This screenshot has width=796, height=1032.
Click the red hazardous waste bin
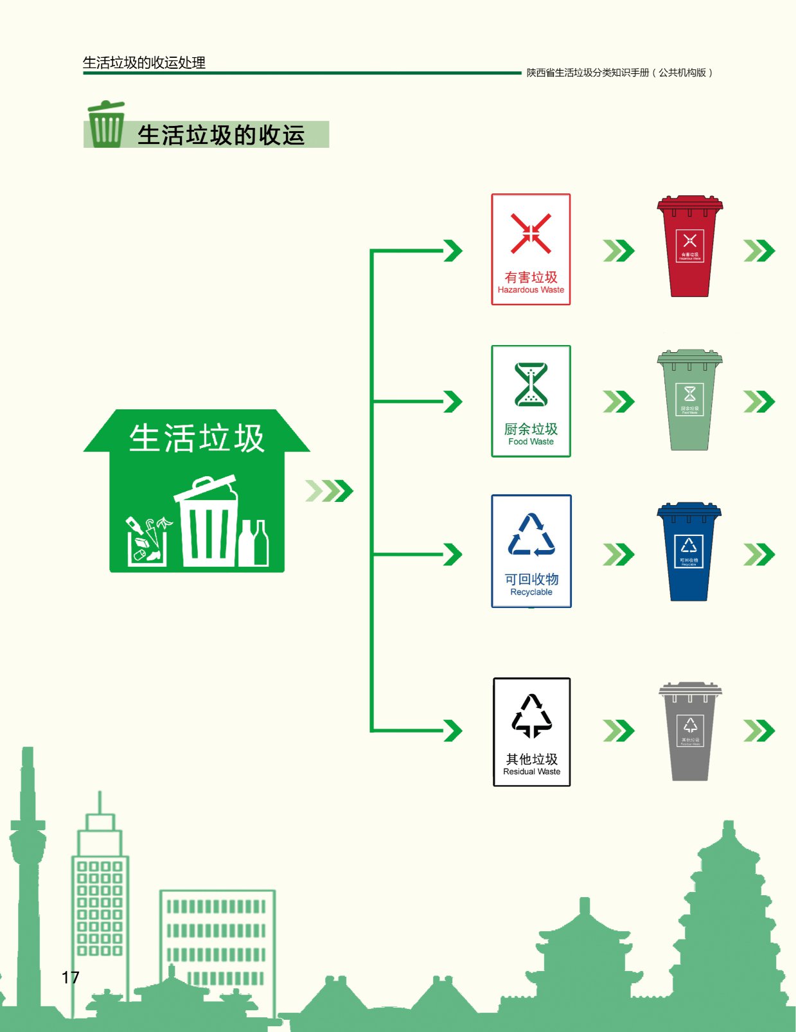click(689, 247)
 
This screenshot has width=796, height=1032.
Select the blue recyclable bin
click(689, 553)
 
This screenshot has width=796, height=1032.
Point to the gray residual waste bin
click(690, 732)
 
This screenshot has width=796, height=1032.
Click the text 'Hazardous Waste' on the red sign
click(531, 290)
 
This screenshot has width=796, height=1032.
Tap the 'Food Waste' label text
click(531, 441)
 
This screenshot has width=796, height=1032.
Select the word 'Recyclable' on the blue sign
click(531, 592)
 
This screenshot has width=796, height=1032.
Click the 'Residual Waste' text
click(531, 771)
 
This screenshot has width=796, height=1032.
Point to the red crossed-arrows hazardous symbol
click(531, 233)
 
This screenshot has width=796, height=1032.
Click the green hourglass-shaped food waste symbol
click(531, 384)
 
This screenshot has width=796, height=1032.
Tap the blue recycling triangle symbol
click(531, 535)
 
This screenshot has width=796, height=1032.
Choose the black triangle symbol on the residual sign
click(531, 715)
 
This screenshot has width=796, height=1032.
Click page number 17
click(71, 977)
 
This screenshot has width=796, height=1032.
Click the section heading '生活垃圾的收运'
click(220, 136)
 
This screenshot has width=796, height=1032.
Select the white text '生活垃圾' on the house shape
click(197, 438)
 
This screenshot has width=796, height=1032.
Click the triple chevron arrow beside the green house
click(329, 491)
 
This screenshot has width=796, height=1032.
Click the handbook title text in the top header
click(619, 73)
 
